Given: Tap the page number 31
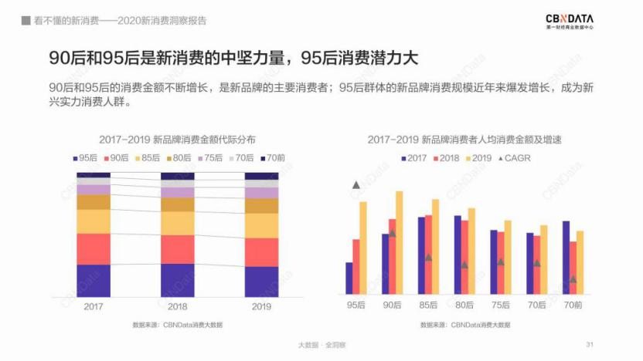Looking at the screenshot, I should (x=590, y=344).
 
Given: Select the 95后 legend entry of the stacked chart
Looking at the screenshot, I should (x=86, y=157).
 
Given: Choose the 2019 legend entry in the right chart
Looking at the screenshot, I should (x=477, y=158).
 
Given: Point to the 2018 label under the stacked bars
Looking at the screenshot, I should (x=177, y=305).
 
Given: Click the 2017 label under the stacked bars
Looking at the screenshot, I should (x=94, y=305).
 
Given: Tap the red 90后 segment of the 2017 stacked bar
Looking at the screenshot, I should (x=94, y=248).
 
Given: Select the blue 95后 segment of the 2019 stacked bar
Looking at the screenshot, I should (x=261, y=282).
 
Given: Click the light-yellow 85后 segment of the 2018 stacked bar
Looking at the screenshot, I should (x=177, y=223).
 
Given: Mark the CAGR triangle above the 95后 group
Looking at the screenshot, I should (x=356, y=185).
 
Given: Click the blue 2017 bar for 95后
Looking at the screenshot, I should (x=349, y=278).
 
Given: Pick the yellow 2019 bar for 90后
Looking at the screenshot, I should (x=400, y=242).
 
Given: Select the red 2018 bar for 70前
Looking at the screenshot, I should (x=573, y=268).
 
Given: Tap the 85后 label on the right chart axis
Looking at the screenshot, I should (x=428, y=305).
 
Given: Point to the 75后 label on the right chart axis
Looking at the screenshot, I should (x=501, y=305).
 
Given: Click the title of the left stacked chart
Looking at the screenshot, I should (x=177, y=140).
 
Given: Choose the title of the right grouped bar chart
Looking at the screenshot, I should (x=464, y=140).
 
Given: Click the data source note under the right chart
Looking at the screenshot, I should (x=465, y=325).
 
